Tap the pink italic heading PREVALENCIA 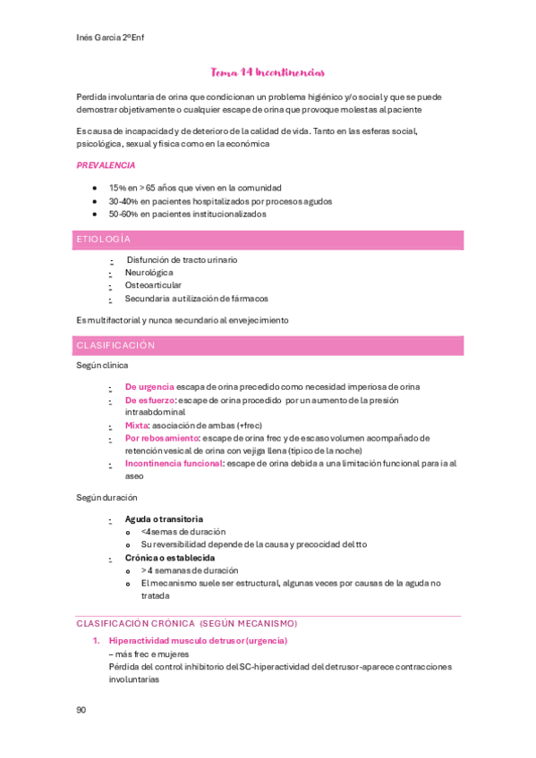pyautogui.click(x=106, y=165)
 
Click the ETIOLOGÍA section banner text pyautogui.click(x=104, y=240)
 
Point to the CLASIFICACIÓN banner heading pyautogui.click(x=115, y=345)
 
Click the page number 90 pyautogui.click(x=81, y=710)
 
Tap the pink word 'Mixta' pyautogui.click(x=136, y=425)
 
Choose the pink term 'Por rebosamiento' pyautogui.click(x=162, y=438)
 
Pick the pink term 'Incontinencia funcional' pyautogui.click(x=174, y=463)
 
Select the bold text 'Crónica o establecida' pyautogui.click(x=169, y=557)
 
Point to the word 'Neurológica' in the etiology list pyautogui.click(x=149, y=273)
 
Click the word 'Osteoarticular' pyautogui.click(x=153, y=285)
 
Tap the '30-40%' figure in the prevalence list pyautogui.click(x=123, y=201)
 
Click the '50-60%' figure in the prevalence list pyautogui.click(x=123, y=215)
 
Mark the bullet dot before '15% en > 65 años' pyautogui.click(x=95, y=189)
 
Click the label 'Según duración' pyautogui.click(x=106, y=497)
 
